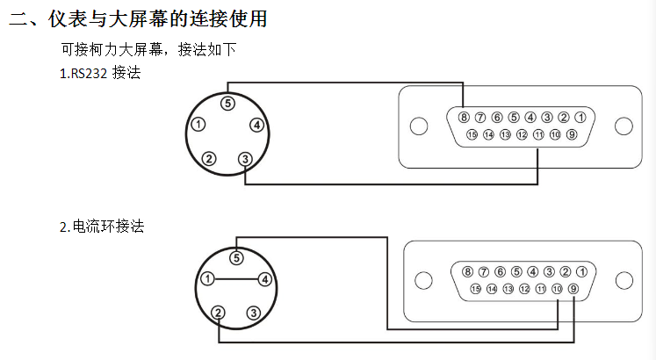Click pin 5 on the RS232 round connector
pyautogui.click(x=227, y=103)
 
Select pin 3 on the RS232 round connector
pyautogui.click(x=245, y=159)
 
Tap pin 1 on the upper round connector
pyautogui.click(x=199, y=125)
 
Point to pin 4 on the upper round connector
pyautogui.click(x=256, y=125)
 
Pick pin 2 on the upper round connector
pyautogui.click(x=209, y=159)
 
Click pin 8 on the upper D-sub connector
pyautogui.click(x=464, y=117)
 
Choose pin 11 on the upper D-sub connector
pyautogui.click(x=538, y=134)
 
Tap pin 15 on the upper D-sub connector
pyautogui.click(x=472, y=134)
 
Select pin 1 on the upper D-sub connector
pyautogui.click(x=580, y=117)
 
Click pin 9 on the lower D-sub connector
pyautogui.click(x=573, y=288)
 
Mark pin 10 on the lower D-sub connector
pyautogui.click(x=557, y=288)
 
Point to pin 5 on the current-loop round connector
pyautogui.click(x=235, y=257)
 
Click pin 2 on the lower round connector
pyautogui.click(x=218, y=312)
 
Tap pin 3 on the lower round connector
pyautogui.click(x=253, y=312)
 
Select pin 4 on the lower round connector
pyautogui.click(x=263, y=279)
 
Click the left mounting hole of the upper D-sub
pyautogui.click(x=420, y=126)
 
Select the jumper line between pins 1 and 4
pyautogui.click(x=235, y=279)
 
